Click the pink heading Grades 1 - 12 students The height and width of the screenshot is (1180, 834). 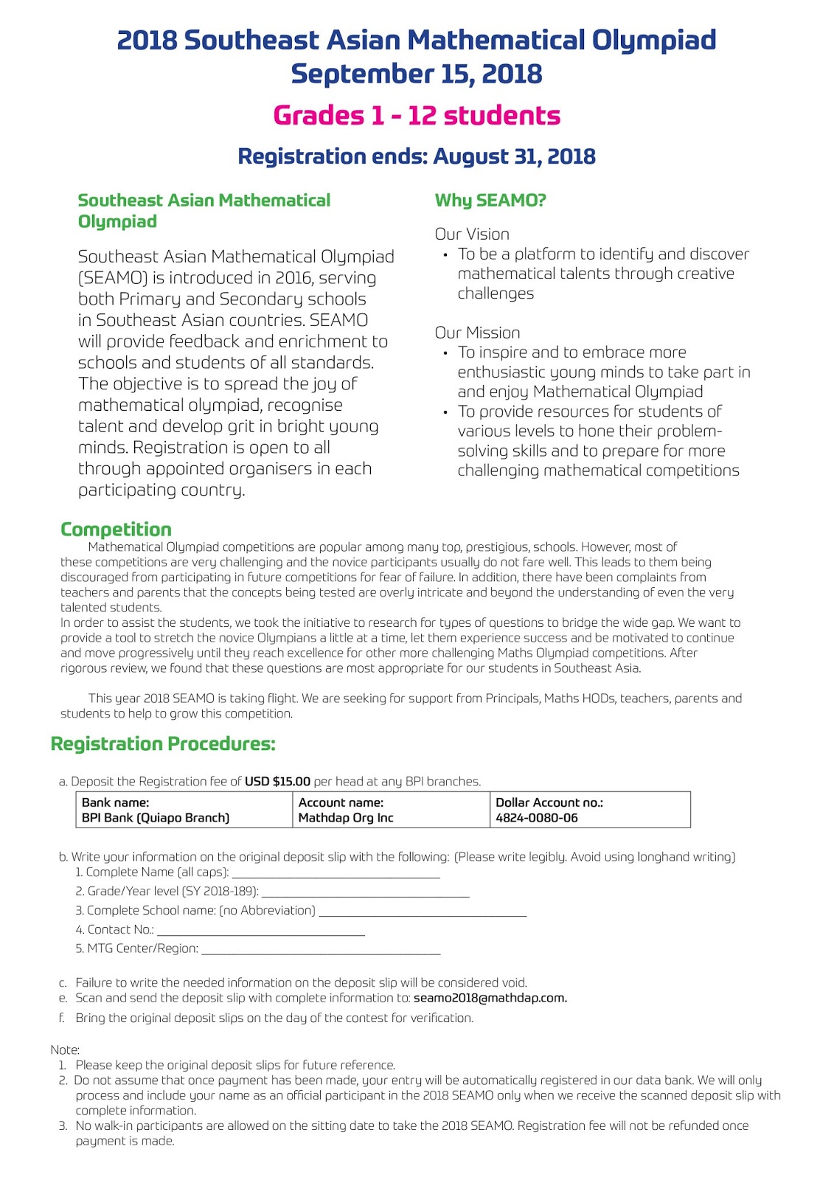[x=417, y=116]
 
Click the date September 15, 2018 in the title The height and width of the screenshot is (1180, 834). [x=417, y=74]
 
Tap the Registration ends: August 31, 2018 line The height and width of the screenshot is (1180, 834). [x=417, y=156]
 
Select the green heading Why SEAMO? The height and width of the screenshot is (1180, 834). [x=490, y=201]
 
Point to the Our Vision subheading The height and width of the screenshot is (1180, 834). [x=472, y=235]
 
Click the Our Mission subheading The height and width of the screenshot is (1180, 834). [x=477, y=333]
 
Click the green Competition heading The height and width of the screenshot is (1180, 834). [x=116, y=530]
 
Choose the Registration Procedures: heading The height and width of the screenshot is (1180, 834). [x=163, y=743]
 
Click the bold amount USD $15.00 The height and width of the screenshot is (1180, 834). [x=277, y=782]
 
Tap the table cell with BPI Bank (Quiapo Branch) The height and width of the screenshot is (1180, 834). [x=156, y=818]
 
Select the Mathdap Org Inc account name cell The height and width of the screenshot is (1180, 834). [x=346, y=818]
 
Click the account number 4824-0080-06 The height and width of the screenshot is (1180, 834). [x=537, y=818]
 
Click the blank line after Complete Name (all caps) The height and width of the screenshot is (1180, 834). [x=336, y=875]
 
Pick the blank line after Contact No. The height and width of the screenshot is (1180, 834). [x=261, y=933]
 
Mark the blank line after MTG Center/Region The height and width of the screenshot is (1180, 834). [x=321, y=952]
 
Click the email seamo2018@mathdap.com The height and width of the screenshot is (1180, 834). [x=490, y=999]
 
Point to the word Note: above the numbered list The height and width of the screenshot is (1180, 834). [x=65, y=1049]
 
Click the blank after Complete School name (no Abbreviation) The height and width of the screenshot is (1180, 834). [x=423, y=914]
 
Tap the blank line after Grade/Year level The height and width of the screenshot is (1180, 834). [x=365, y=895]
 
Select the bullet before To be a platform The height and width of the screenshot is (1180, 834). [x=445, y=255]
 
